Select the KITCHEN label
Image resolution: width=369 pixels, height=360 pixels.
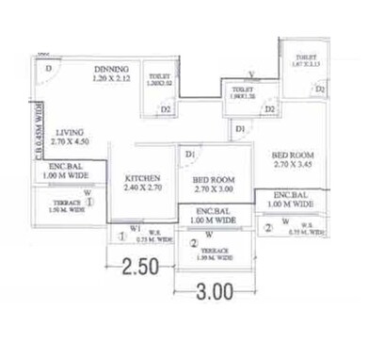pos(142,178)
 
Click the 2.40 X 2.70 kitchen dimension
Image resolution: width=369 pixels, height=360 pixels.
pos(142,188)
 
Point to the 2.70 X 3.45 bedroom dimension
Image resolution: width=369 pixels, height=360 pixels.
pos(291,165)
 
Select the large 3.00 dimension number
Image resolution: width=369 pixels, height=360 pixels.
pos(215,293)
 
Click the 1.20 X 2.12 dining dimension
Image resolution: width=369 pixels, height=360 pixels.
pos(111,81)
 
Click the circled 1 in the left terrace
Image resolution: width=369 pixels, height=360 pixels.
pos(89,201)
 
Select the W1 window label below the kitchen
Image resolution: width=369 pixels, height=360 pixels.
pos(136,227)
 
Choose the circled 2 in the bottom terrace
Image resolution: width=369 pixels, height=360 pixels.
pos(194,243)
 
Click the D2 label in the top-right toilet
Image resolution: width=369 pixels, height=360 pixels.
pos(321,90)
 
